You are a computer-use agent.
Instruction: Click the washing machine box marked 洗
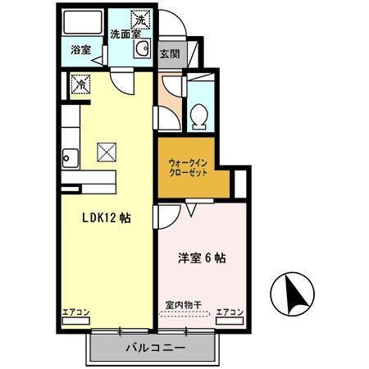coord(140,19)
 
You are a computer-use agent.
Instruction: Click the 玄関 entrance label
coord(170,55)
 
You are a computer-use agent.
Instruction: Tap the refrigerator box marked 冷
coord(80,83)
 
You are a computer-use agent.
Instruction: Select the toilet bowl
coord(198,116)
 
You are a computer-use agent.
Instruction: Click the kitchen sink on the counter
coord(69,156)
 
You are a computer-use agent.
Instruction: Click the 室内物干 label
coord(183,305)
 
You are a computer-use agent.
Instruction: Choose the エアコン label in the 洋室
coord(230,312)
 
